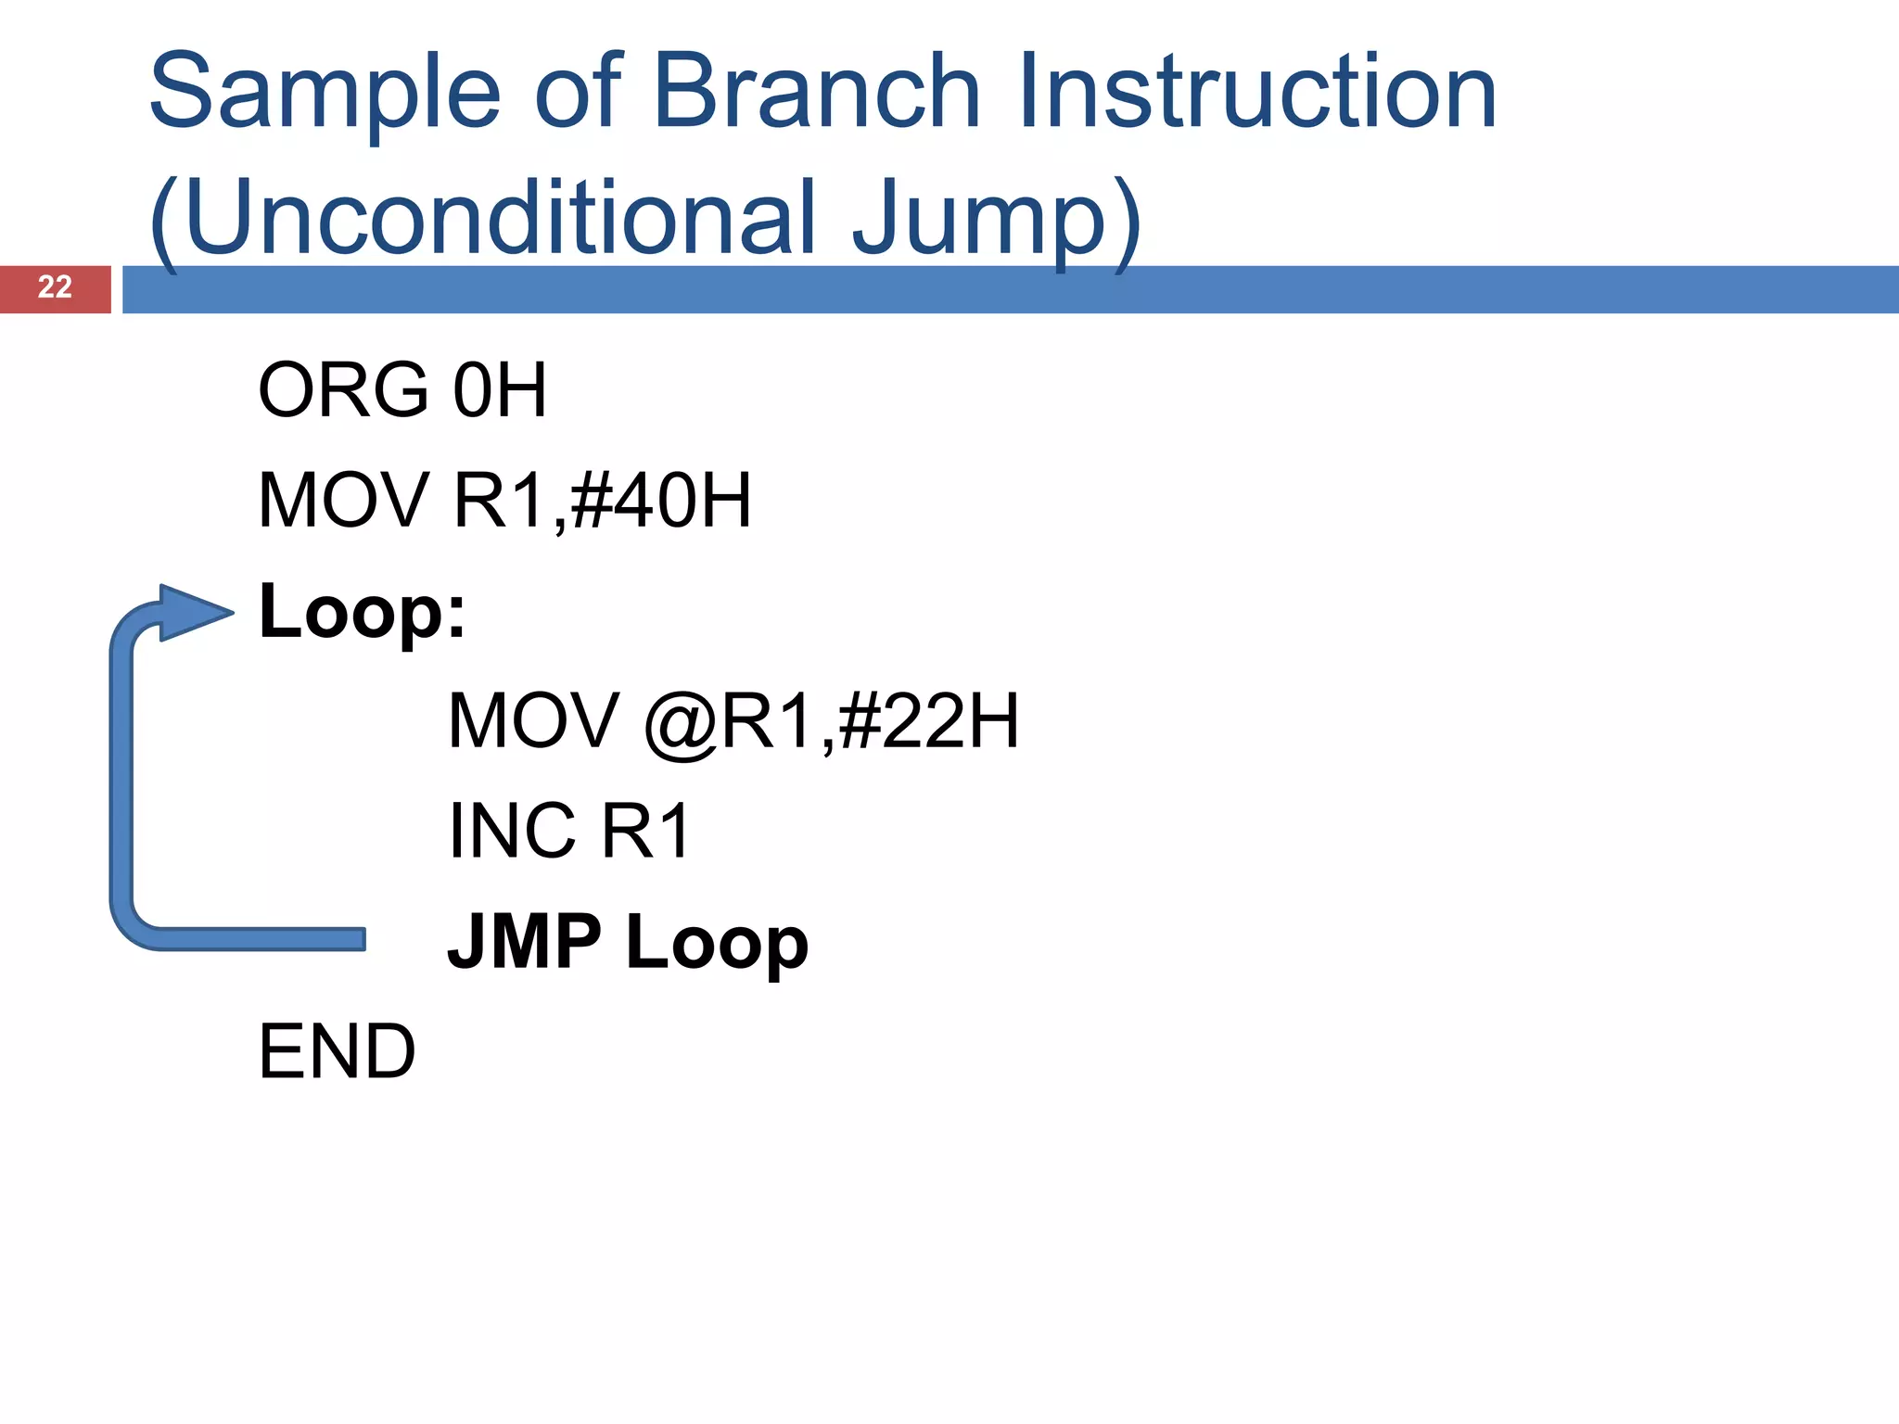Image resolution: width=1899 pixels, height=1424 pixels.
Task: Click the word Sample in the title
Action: [x=325, y=93]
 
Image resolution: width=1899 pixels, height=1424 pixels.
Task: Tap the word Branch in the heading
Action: [x=816, y=93]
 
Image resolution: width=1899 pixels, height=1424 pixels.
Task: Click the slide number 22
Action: [x=55, y=287]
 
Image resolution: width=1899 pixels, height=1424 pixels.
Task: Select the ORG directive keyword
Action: [x=343, y=390]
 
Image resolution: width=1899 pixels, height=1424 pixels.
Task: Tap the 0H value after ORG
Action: [x=499, y=390]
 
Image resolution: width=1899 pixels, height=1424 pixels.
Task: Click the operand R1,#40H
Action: [x=601, y=502]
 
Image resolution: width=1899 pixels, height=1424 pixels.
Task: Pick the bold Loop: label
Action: [x=362, y=612]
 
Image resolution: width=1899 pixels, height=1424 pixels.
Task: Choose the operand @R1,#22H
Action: [x=831, y=721]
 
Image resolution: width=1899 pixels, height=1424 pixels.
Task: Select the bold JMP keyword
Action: [x=525, y=942]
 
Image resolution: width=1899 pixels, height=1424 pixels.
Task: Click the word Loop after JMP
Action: [x=717, y=942]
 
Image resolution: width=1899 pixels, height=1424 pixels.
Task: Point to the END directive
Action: [x=337, y=1052]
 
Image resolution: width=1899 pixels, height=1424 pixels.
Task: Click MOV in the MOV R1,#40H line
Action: [x=343, y=502]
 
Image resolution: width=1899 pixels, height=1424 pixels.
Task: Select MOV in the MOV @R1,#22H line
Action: [x=533, y=721]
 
